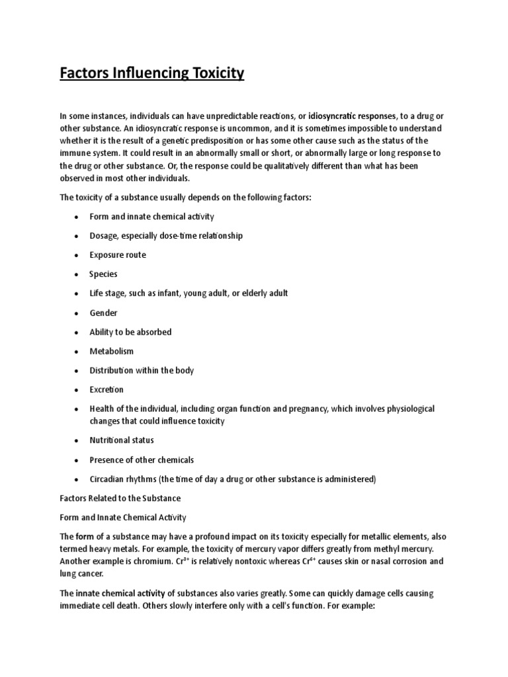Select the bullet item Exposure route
coord(118,255)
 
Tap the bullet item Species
coord(103,274)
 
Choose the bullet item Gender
coord(104,312)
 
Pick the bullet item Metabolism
coord(112,351)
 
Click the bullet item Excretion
coord(107,389)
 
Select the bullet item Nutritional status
coord(122,440)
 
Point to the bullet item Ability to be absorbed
coord(130,332)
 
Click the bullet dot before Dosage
coord(77,236)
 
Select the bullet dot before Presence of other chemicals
coord(77,460)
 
